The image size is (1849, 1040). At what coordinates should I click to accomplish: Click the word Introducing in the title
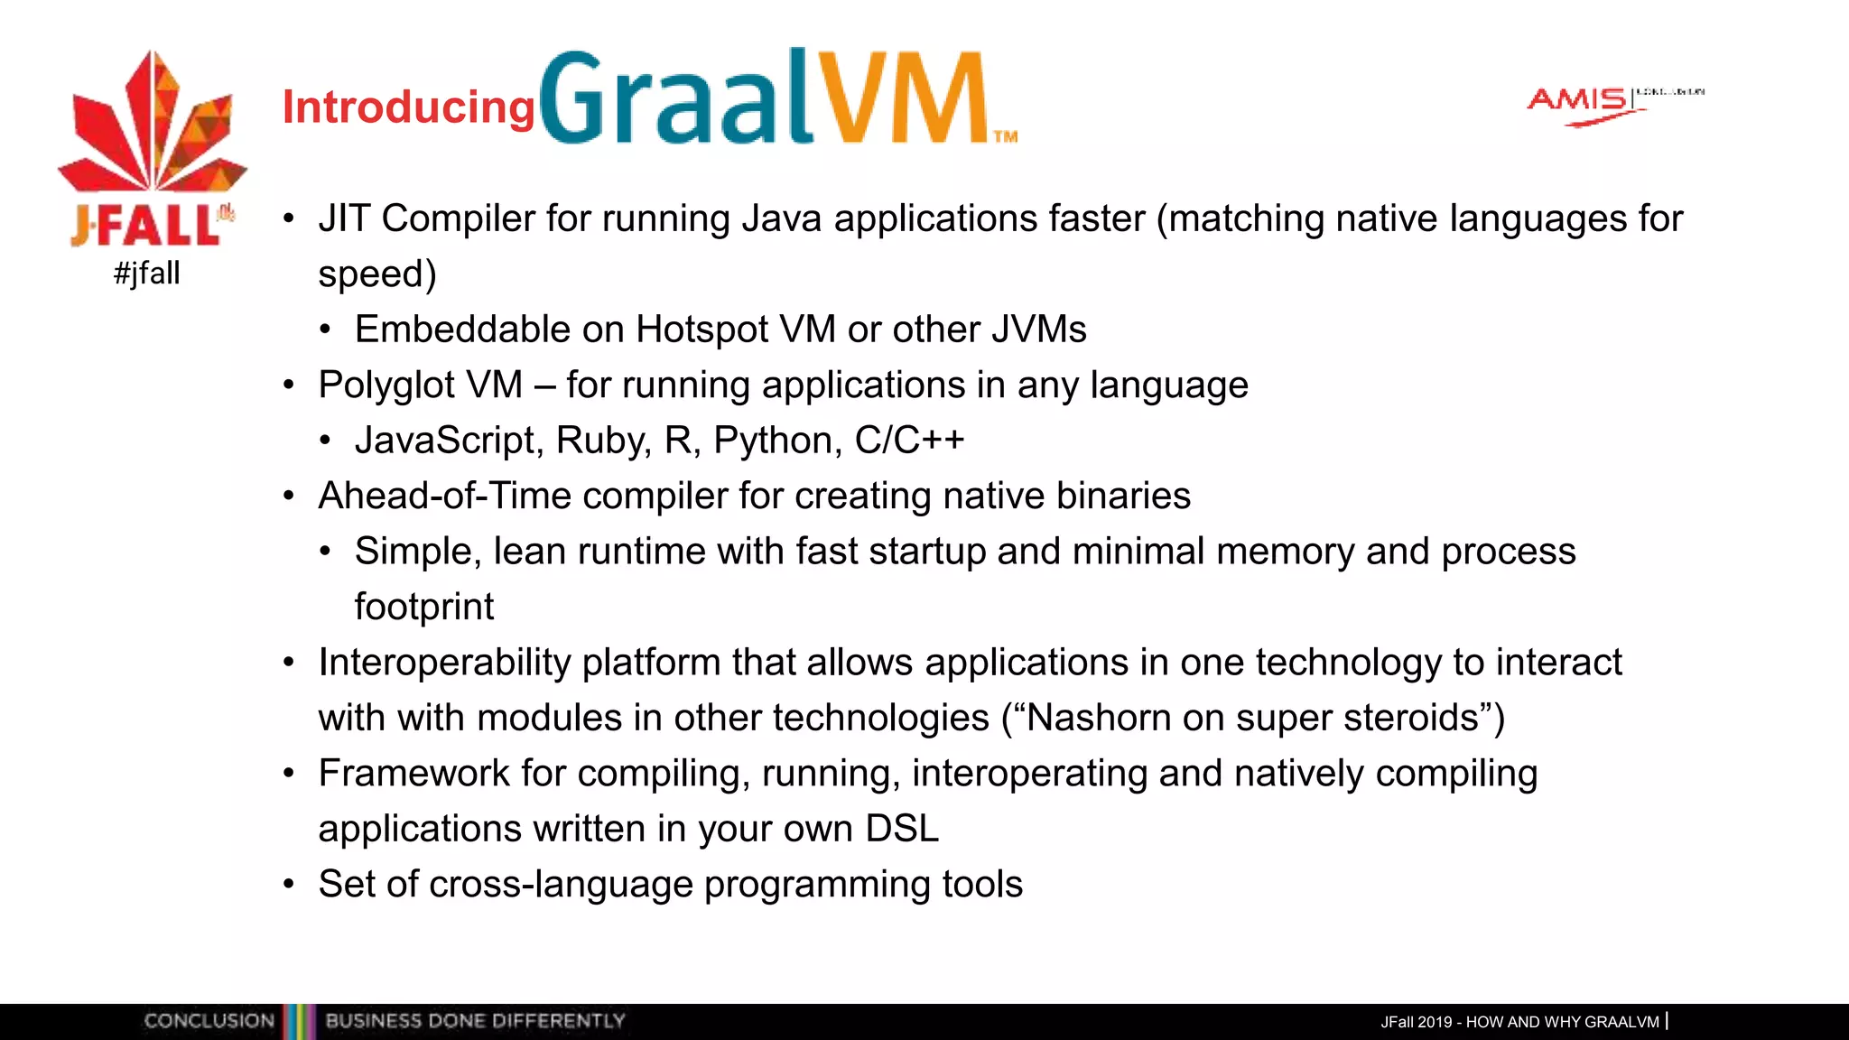[408, 107]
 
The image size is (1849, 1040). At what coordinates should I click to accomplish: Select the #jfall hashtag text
[147, 273]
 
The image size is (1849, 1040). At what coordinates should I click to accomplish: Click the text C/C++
[909, 441]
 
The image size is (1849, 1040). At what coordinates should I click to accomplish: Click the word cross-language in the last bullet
[561, 885]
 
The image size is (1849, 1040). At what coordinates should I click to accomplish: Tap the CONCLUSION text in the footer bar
[209, 1021]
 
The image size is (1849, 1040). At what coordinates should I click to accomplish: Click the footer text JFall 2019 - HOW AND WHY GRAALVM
[1519, 1022]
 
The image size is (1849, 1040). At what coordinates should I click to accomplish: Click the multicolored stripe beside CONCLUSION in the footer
[300, 1021]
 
